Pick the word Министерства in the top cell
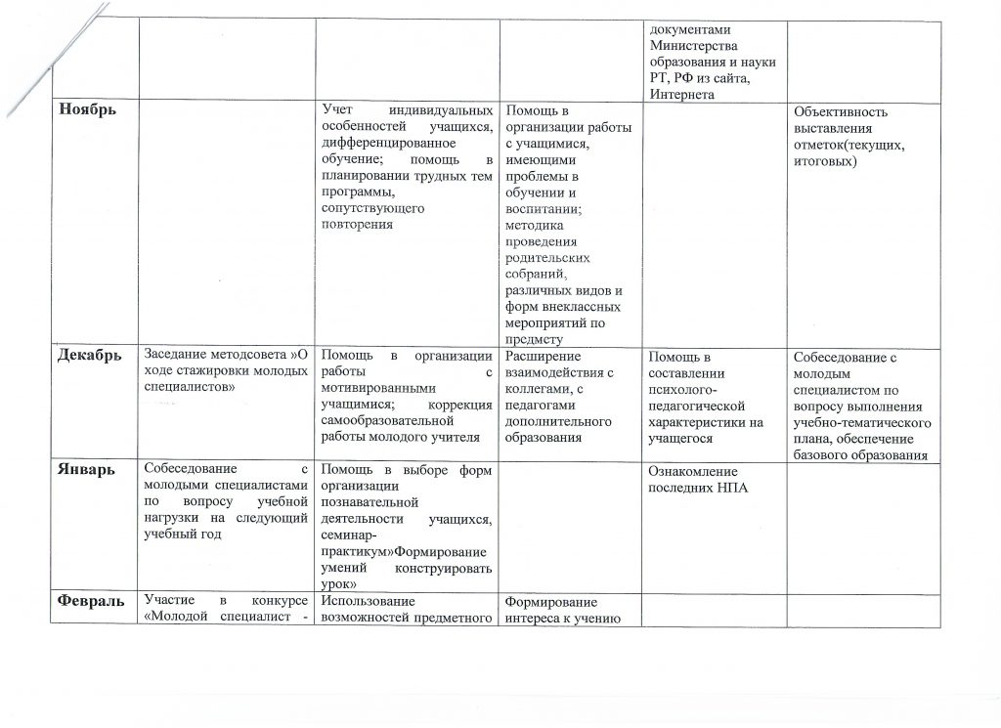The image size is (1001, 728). (694, 45)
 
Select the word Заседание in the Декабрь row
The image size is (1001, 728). (177, 355)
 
